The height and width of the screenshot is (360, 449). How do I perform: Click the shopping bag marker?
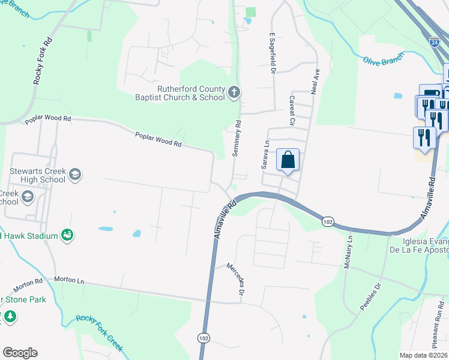(x=288, y=160)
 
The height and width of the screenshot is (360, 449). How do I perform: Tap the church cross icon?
(x=234, y=92)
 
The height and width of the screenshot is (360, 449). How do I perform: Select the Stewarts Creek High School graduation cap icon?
(x=75, y=175)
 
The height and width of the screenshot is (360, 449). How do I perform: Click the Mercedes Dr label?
(x=237, y=279)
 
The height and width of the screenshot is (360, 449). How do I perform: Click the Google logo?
(x=20, y=353)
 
